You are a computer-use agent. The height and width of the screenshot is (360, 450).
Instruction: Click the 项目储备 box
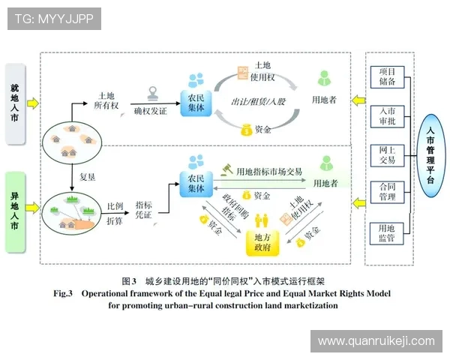(387, 77)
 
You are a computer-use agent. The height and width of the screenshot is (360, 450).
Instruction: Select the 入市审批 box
(387, 116)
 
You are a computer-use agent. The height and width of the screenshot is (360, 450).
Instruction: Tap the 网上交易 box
(387, 154)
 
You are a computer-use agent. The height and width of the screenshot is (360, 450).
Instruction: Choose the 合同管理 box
(387, 193)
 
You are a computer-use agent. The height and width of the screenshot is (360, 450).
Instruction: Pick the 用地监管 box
(387, 233)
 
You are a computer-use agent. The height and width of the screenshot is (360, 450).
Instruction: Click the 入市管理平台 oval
(430, 154)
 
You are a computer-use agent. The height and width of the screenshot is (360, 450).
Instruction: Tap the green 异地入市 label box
(16, 212)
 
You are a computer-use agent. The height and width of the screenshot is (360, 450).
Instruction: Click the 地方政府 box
(262, 240)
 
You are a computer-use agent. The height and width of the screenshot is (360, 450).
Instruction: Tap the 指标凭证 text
(145, 209)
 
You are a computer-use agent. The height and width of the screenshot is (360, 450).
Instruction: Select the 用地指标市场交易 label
(269, 172)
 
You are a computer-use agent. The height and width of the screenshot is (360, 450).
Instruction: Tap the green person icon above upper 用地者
(324, 78)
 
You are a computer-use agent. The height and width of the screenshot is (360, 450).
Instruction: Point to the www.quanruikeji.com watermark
(376, 341)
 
